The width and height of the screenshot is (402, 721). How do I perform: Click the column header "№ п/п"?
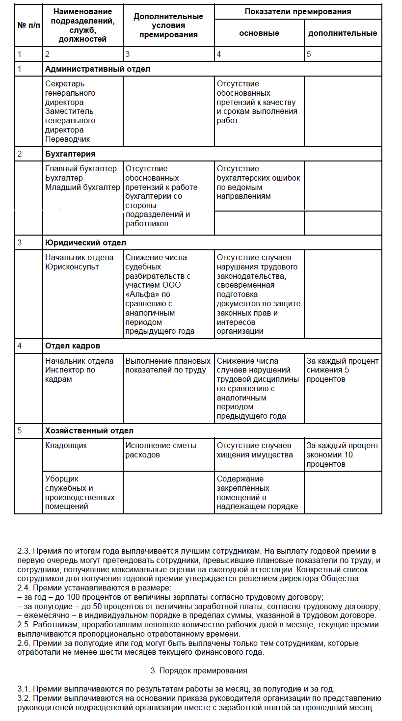[28, 25]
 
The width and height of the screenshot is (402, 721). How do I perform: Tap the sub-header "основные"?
[259, 33]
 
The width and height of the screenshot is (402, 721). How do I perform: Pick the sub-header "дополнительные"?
[343, 33]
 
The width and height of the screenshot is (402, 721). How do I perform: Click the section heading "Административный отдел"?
[97, 69]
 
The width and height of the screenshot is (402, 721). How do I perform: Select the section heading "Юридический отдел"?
[85, 243]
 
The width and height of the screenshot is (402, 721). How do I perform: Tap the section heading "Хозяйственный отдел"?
[89, 431]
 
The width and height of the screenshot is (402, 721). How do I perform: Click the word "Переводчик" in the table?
[68, 139]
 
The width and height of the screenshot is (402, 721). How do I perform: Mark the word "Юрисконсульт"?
[72, 267]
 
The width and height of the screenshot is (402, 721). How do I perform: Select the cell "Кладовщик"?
[66, 446]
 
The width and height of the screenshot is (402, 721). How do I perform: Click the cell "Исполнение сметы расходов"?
[161, 450]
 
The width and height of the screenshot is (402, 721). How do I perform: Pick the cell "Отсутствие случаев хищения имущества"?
[255, 450]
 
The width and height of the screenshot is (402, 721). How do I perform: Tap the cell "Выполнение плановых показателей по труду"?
[165, 366]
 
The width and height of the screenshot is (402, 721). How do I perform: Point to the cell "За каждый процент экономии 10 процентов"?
[343, 454]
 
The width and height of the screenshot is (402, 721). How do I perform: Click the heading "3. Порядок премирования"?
[198, 670]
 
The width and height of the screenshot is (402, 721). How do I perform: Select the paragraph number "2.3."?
[25, 551]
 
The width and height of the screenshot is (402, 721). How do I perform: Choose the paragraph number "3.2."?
[25, 698]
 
